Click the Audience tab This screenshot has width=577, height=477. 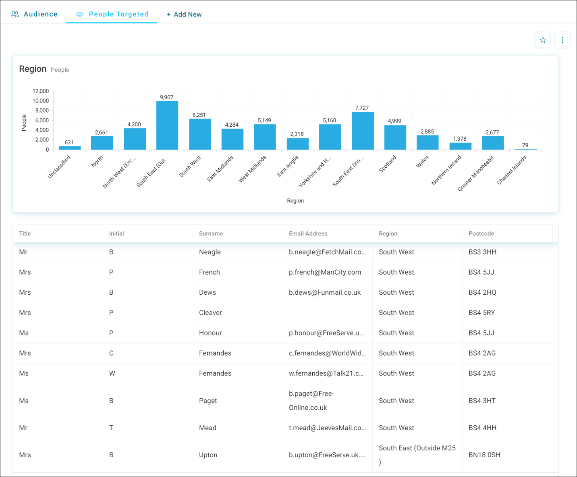point(34,14)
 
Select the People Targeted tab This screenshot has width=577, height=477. point(112,14)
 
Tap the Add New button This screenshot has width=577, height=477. point(184,15)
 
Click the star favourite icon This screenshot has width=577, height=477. point(542,40)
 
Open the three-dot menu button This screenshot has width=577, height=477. point(562,40)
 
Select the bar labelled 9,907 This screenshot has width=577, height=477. point(167,125)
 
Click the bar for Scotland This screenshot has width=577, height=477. point(395,137)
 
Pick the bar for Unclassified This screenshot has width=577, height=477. point(70,148)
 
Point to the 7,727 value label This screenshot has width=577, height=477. point(362,108)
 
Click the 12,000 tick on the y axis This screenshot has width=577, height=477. point(40,91)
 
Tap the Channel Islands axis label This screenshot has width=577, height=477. point(512,170)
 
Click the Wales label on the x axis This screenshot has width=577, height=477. point(422,162)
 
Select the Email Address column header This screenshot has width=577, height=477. point(308,233)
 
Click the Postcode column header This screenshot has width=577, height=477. point(482,233)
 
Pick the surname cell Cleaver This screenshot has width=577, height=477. point(211,312)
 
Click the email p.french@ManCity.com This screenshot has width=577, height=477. point(325,272)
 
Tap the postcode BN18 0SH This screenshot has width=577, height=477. point(484,455)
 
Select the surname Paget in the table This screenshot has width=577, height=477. point(208,401)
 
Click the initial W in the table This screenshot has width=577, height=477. point(112,373)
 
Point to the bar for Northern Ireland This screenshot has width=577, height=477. point(461,146)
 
